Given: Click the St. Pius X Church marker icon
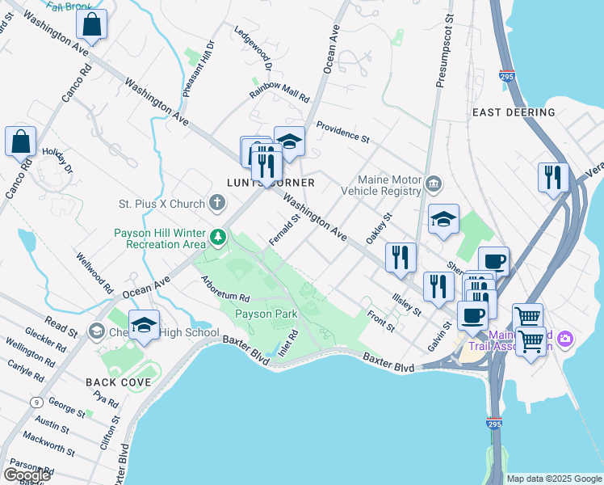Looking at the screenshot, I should [217, 201].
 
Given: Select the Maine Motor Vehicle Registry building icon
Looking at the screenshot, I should [434, 184].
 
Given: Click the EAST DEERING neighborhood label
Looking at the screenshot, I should [513, 112].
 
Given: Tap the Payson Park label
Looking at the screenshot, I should [266, 314].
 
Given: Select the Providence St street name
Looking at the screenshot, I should [342, 133].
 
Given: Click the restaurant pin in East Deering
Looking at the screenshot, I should [553, 176].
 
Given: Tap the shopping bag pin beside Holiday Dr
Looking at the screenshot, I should [20, 141].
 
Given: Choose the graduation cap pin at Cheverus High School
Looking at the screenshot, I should [144, 325].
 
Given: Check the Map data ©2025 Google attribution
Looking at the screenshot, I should [553, 479].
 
